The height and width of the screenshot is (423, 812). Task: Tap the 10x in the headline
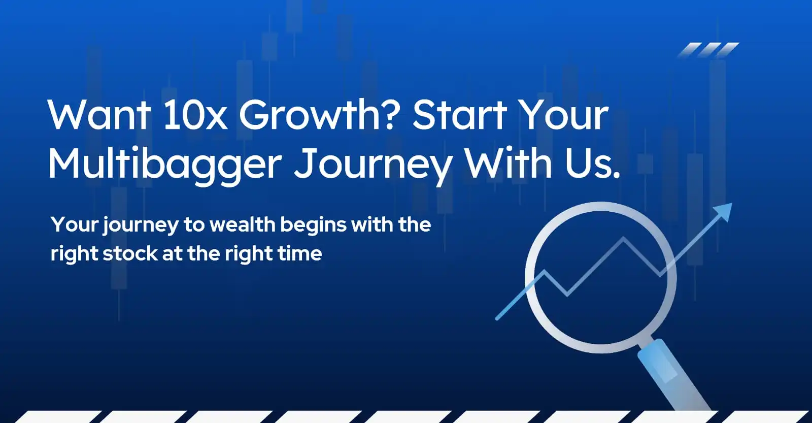tap(195, 115)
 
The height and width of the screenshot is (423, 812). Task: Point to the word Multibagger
tap(165, 165)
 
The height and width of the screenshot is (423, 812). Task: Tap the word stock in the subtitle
tap(130, 253)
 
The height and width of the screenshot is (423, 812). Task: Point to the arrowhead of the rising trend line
tap(724, 211)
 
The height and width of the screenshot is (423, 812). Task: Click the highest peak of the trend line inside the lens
tap(624, 238)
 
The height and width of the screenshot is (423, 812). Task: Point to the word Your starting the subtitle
tap(75, 224)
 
